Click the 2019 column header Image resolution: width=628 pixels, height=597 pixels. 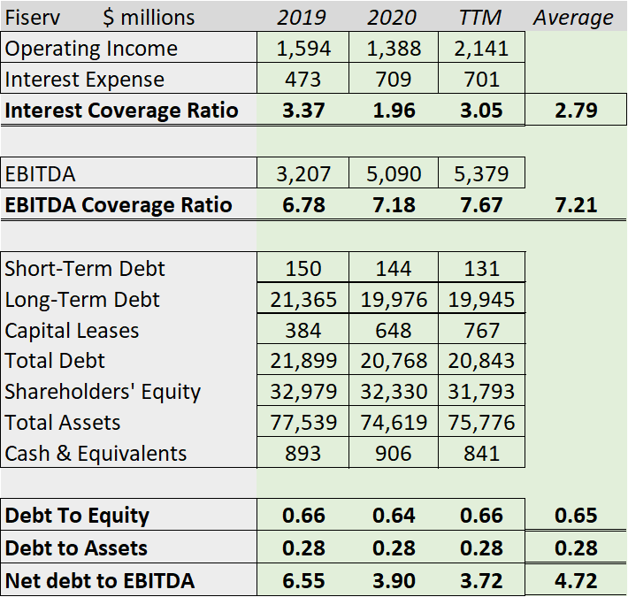pyautogui.click(x=302, y=18)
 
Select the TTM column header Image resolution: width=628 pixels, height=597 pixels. pyautogui.click(x=481, y=18)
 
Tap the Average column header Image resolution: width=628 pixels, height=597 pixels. pyautogui.click(x=573, y=18)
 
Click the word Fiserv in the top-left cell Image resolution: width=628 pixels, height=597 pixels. pyautogui.click(x=33, y=18)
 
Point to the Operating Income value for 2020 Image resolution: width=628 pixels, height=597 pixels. pyautogui.click(x=394, y=49)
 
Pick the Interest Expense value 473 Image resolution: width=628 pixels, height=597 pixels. pyautogui.click(x=303, y=80)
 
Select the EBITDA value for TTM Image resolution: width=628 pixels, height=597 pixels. pyautogui.click(x=481, y=173)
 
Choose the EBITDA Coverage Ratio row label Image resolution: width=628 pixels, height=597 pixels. pyautogui.click(x=119, y=205)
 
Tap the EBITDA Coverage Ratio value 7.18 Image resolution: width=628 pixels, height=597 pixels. pyautogui.click(x=394, y=205)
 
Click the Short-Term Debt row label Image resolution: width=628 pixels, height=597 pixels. pyautogui.click(x=85, y=268)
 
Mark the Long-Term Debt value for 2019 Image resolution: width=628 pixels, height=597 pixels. pyautogui.click(x=303, y=300)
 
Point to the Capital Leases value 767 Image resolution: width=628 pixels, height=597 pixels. pyautogui.click(x=481, y=331)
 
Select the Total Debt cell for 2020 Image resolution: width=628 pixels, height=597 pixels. pyautogui.click(x=394, y=361)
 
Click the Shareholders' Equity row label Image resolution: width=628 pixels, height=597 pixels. pyautogui.click(x=103, y=392)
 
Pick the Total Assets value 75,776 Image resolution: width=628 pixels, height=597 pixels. pyautogui.click(x=481, y=423)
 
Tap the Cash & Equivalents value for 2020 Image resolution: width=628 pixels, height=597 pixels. pyautogui.click(x=394, y=454)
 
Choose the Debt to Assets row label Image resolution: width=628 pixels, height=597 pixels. pyautogui.click(x=76, y=548)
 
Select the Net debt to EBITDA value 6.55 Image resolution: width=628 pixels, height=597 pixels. pyautogui.click(x=303, y=581)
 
